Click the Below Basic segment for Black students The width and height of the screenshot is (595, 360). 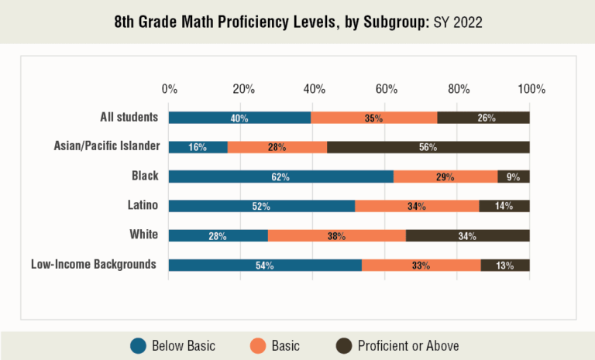point(280,177)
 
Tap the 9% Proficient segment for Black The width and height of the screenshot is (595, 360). point(514,177)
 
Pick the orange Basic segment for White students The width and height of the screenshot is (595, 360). point(337,235)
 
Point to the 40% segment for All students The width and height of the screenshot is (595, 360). point(239,118)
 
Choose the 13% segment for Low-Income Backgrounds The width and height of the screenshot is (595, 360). point(505,265)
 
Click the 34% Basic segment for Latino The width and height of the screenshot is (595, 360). point(417,206)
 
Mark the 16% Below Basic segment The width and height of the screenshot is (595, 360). point(198,147)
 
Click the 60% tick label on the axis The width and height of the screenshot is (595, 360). point(387,89)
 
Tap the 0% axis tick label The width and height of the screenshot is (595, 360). point(169,89)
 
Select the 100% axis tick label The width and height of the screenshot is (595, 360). point(531,89)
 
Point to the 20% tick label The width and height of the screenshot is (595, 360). point(243,89)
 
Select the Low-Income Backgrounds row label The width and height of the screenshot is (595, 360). point(94,264)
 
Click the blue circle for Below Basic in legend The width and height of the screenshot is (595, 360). point(139,345)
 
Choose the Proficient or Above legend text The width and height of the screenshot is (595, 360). point(408,345)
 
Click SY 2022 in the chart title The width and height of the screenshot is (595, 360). point(457,22)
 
